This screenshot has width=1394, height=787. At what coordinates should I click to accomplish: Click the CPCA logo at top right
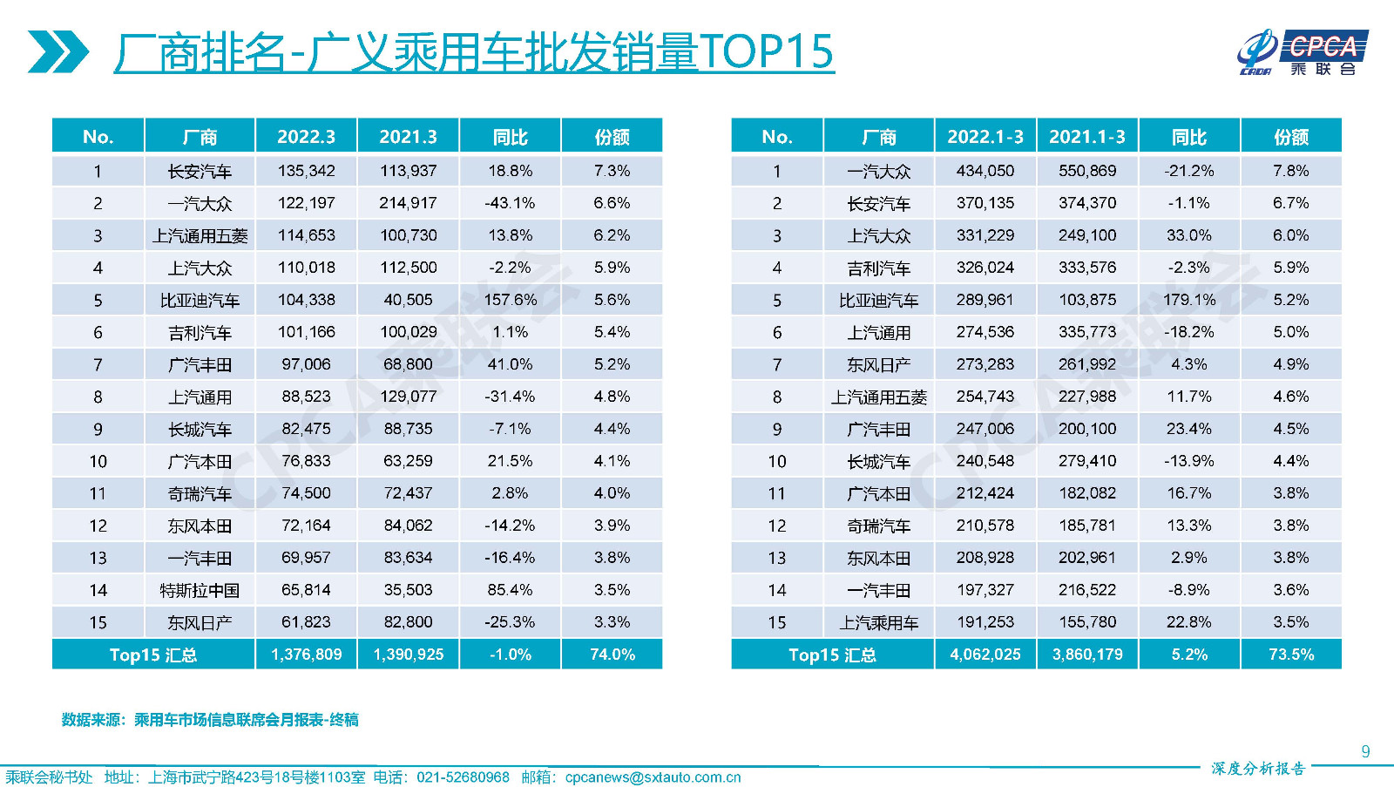pyautogui.click(x=1302, y=52)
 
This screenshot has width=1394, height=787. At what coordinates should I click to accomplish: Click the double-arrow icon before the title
pyautogui.click(x=58, y=51)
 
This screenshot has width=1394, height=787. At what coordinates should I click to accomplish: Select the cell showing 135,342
pyautogui.click(x=306, y=171)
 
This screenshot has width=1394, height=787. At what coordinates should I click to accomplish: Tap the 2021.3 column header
pyautogui.click(x=408, y=137)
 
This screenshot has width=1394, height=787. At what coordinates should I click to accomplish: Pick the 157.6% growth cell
pyautogui.click(x=510, y=300)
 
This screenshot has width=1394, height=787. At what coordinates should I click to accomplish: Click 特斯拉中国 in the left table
pyautogui.click(x=200, y=590)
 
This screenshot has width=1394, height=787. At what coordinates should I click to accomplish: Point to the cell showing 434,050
pyautogui.click(x=985, y=171)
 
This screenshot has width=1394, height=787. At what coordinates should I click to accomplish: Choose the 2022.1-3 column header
pyautogui.click(x=985, y=137)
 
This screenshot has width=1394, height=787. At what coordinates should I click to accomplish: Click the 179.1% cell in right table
pyautogui.click(x=1188, y=300)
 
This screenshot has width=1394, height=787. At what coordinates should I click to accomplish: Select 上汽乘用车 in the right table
pyautogui.click(x=878, y=622)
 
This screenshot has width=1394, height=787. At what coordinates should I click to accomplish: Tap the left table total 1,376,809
pyautogui.click(x=306, y=655)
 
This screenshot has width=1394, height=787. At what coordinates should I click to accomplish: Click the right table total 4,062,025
pyautogui.click(x=985, y=655)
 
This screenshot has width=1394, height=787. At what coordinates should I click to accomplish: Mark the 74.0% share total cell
pyautogui.click(x=612, y=655)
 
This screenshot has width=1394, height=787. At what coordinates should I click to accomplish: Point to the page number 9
pyautogui.click(x=1365, y=751)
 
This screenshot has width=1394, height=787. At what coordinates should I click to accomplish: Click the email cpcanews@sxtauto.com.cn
pyautogui.click(x=653, y=777)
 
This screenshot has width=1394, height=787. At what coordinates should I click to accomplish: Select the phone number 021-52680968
pyautogui.click(x=463, y=777)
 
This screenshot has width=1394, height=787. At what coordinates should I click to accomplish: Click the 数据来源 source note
pyautogui.click(x=210, y=720)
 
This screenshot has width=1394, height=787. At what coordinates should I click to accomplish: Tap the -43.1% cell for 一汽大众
pyautogui.click(x=510, y=203)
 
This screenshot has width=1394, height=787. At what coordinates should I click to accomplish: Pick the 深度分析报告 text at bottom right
pyautogui.click(x=1257, y=768)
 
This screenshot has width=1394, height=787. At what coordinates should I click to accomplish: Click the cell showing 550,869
pyautogui.click(x=1086, y=171)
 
